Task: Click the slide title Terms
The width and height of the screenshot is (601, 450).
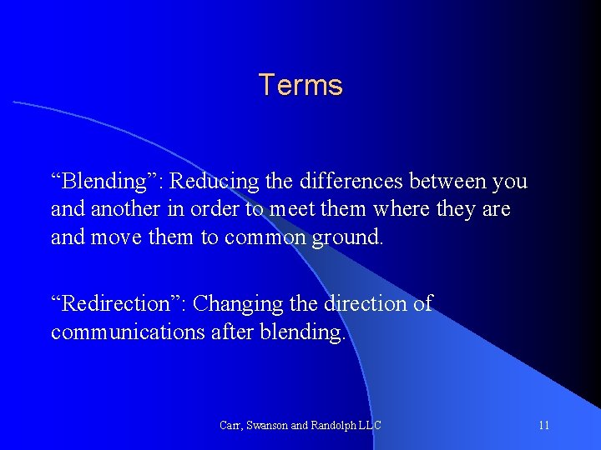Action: (300, 85)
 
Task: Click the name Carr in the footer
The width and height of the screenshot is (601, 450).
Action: (230, 426)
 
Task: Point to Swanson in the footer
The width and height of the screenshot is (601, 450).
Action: (270, 426)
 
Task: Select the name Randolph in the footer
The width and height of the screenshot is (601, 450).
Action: (336, 426)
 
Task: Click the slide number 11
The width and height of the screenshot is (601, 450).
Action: (544, 426)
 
